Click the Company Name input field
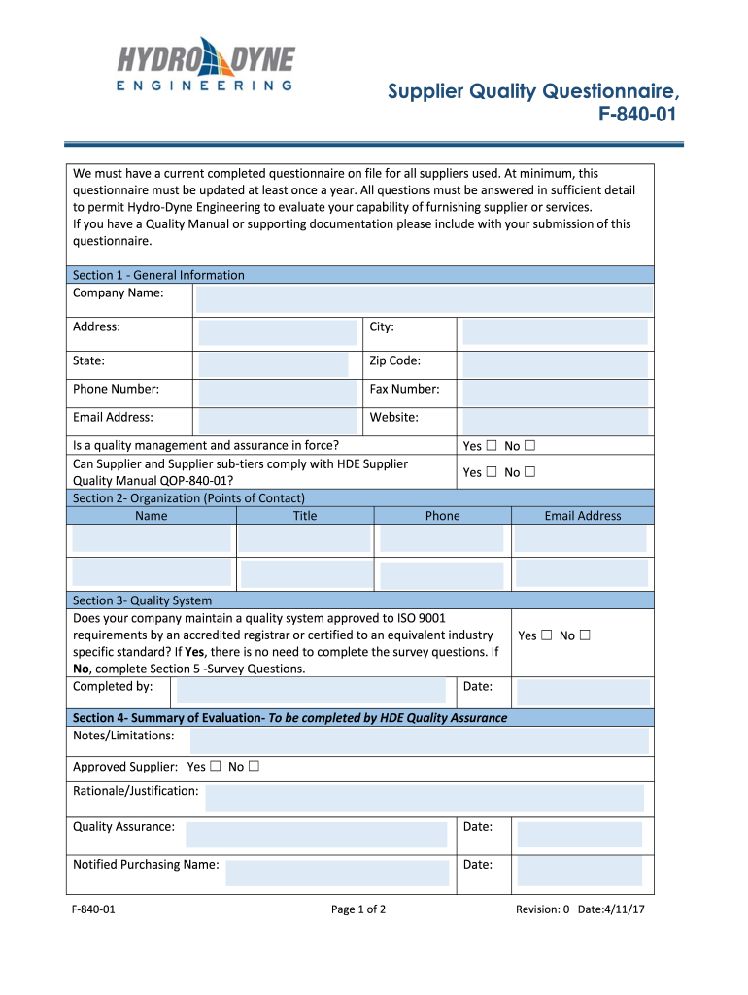(424, 299)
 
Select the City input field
(555, 332)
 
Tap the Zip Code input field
(555, 364)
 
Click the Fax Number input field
(555, 393)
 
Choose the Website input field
(555, 421)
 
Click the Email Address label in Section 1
(113, 418)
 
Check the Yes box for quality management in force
(491, 446)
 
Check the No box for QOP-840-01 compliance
(530, 472)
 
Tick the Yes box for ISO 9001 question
(546, 635)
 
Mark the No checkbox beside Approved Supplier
(254, 767)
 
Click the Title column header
(305, 516)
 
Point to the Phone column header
(442, 516)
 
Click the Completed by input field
(312, 691)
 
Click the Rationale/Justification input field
(425, 798)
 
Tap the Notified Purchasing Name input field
(337, 872)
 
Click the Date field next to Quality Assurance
(579, 834)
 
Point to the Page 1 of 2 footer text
(358, 909)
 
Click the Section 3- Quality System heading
(143, 600)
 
